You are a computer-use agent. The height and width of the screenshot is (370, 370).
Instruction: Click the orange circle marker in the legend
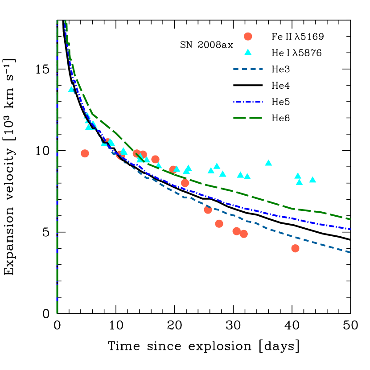(x=248, y=37)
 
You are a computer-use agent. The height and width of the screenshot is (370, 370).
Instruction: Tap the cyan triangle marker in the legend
(x=248, y=52)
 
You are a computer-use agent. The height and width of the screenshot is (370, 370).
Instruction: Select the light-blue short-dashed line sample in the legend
(x=248, y=69)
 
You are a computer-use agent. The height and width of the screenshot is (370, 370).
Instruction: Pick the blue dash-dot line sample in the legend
(x=248, y=102)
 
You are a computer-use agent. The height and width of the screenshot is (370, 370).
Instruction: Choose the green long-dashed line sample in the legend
(x=248, y=118)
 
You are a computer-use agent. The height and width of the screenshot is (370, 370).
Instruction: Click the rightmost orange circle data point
(x=295, y=248)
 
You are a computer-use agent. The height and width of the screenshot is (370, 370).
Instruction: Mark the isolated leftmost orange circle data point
(x=85, y=153)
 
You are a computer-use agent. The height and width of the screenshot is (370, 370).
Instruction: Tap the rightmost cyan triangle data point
(x=312, y=180)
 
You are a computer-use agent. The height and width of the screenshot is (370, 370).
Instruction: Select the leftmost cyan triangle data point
(x=71, y=89)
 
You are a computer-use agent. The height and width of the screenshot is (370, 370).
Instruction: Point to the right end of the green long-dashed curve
(x=351, y=219)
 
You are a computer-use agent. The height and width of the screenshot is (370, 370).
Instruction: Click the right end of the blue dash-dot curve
(x=351, y=229)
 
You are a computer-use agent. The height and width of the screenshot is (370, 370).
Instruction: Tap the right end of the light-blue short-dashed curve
(x=351, y=252)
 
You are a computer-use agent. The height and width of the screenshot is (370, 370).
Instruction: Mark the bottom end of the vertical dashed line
(x=57, y=313)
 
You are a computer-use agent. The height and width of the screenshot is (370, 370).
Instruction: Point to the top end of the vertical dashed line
(x=57, y=21)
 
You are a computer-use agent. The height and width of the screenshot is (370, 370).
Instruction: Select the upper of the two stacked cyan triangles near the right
(x=298, y=176)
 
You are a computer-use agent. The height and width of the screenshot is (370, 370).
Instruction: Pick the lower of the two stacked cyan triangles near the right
(x=299, y=182)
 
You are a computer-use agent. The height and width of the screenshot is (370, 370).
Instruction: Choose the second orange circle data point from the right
(x=243, y=234)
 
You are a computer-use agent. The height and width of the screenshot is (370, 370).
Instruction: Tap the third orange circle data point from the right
(x=236, y=231)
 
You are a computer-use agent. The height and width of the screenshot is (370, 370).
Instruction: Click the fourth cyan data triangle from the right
(x=268, y=163)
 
